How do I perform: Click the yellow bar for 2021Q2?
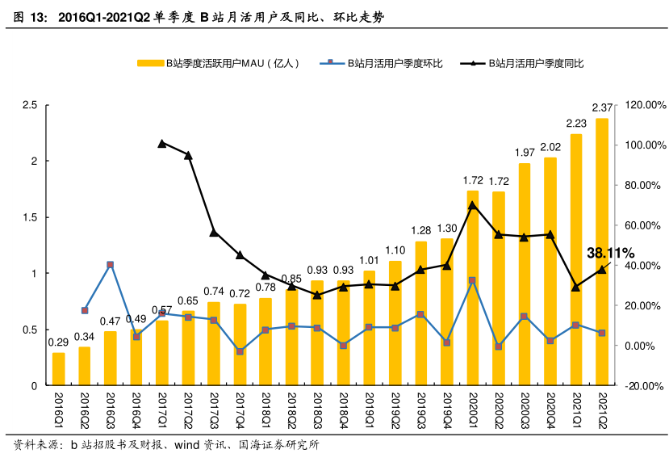click(x=601, y=252)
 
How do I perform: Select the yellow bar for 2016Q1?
click(x=58, y=369)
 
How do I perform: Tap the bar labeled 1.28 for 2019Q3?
click(x=420, y=313)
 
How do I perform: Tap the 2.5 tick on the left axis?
click(x=31, y=105)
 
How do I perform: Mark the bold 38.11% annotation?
click(x=611, y=254)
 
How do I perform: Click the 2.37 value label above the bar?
click(x=602, y=107)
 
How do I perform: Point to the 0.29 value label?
click(x=58, y=342)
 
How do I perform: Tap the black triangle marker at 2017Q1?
click(x=162, y=143)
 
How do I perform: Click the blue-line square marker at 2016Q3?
click(x=111, y=265)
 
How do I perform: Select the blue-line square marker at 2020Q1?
click(x=472, y=280)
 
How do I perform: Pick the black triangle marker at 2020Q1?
click(x=472, y=204)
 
